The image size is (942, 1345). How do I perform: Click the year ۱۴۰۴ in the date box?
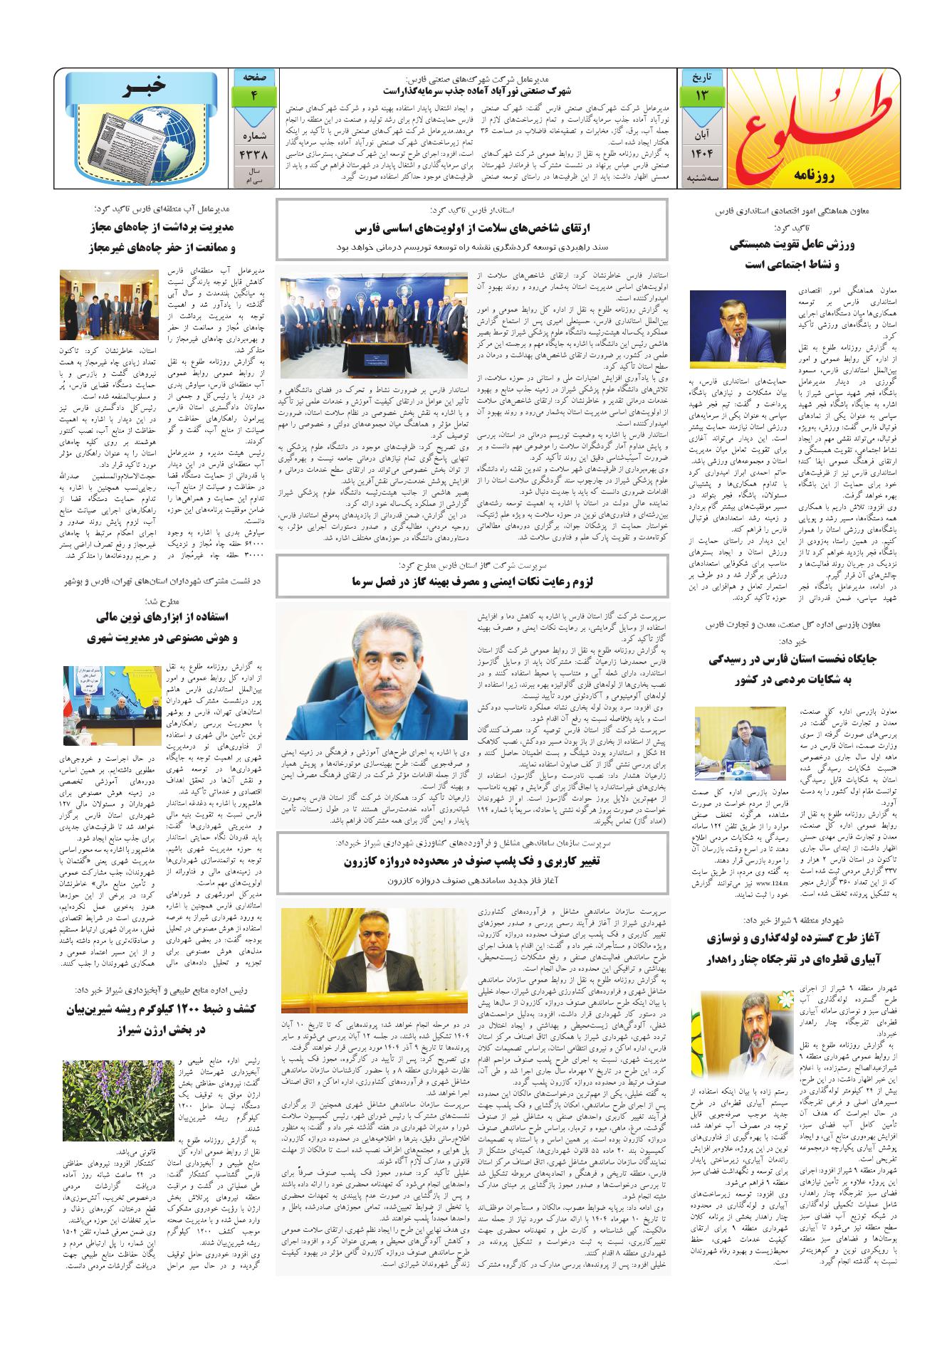pyautogui.click(x=701, y=154)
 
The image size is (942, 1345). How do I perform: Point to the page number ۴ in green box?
pyautogui.click(x=253, y=95)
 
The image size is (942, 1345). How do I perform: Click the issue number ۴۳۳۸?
pyautogui.click(x=253, y=153)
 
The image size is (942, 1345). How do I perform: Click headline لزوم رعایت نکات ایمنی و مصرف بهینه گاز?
pyautogui.click(x=472, y=581)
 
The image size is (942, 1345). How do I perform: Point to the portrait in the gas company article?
pyautogui.click(x=370, y=672)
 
